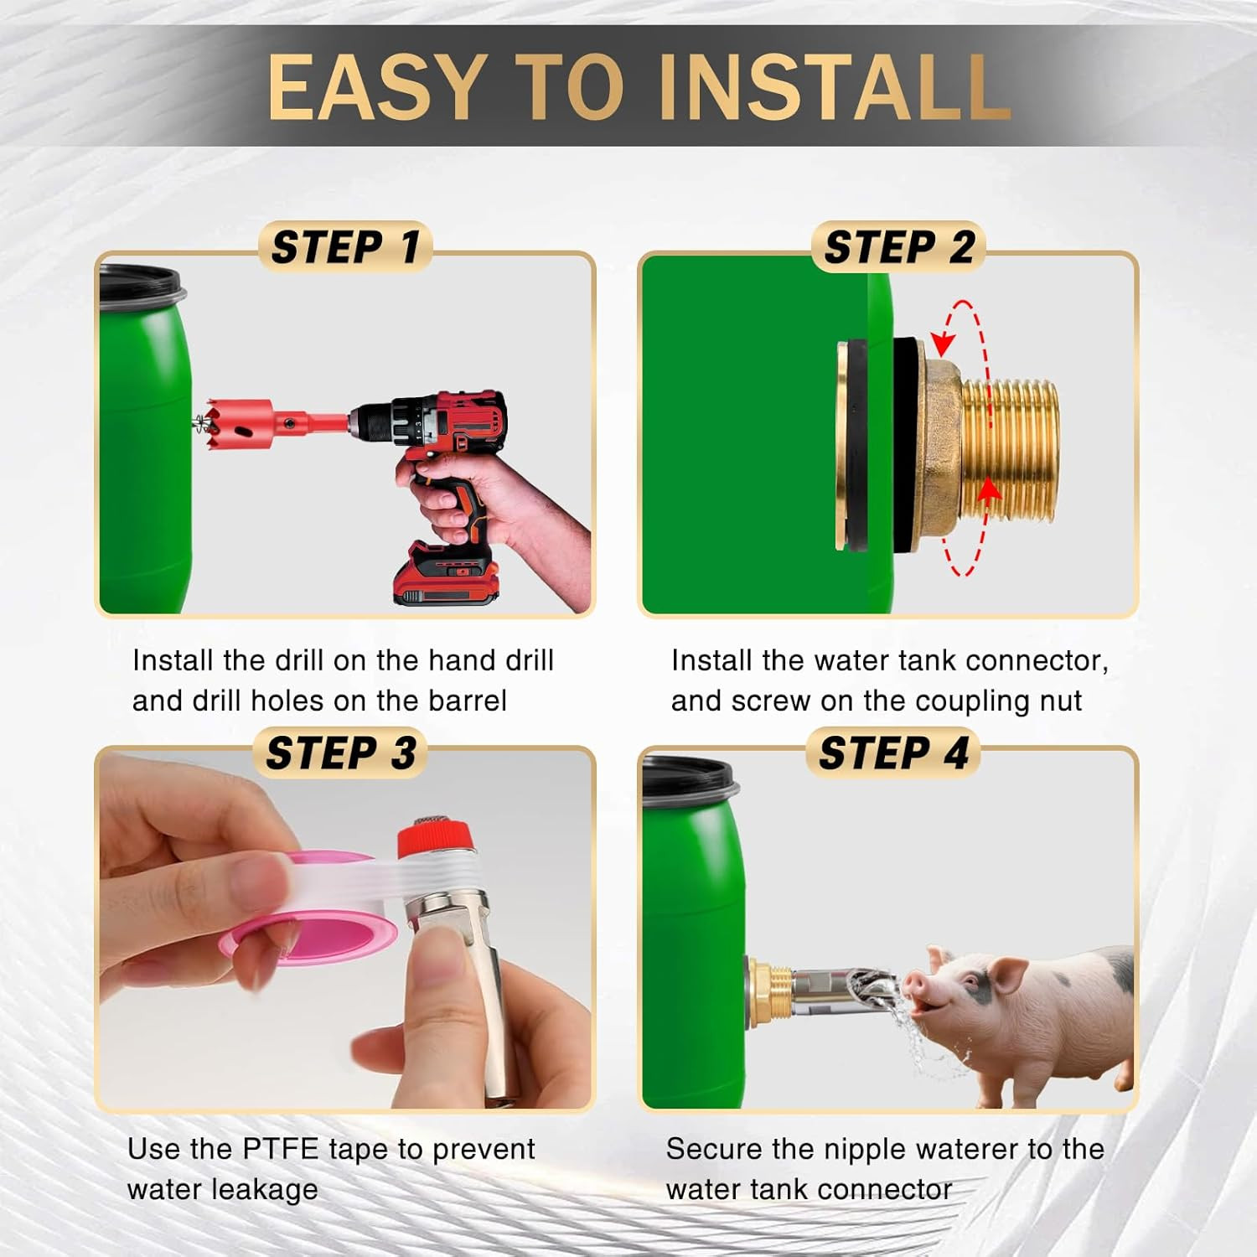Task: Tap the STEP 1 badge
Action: (x=345, y=247)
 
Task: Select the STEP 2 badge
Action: (x=898, y=247)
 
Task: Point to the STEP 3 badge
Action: (x=340, y=753)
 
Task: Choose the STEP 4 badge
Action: (x=893, y=753)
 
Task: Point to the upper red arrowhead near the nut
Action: (x=944, y=342)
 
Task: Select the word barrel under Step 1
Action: (x=467, y=701)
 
